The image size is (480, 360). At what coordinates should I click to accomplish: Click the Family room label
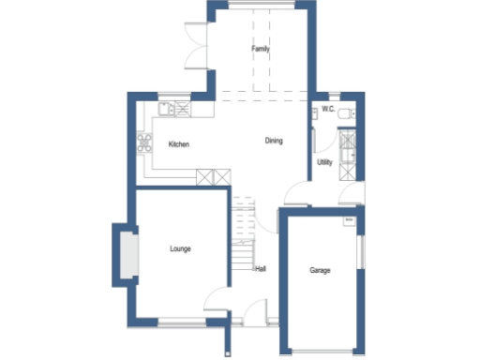click(x=261, y=48)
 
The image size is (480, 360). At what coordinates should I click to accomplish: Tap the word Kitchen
click(x=179, y=144)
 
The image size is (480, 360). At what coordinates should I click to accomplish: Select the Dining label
click(x=273, y=141)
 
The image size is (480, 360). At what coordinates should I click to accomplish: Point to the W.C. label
click(x=328, y=110)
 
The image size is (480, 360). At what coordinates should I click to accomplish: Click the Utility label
click(x=324, y=162)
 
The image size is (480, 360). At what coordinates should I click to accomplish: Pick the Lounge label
click(x=181, y=248)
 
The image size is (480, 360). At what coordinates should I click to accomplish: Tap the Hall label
click(x=260, y=269)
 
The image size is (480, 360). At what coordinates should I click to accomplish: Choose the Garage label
click(x=321, y=270)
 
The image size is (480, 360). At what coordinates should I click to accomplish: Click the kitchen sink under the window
click(x=170, y=110)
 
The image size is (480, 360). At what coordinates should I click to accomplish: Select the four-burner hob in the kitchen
click(x=146, y=143)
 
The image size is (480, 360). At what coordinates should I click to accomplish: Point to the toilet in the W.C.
click(x=345, y=112)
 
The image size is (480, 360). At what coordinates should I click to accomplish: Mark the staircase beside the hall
click(x=243, y=235)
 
